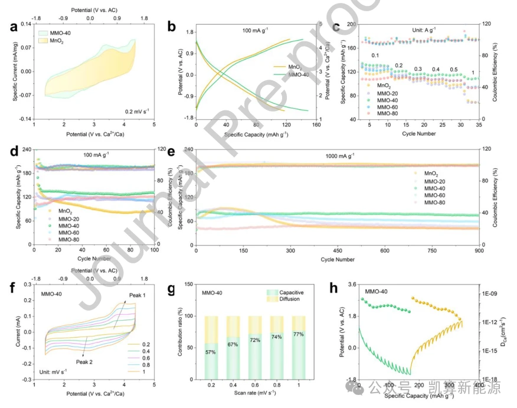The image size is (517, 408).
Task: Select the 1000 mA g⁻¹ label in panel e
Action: [339, 156]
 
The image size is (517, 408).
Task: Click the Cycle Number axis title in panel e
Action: [338, 259]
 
